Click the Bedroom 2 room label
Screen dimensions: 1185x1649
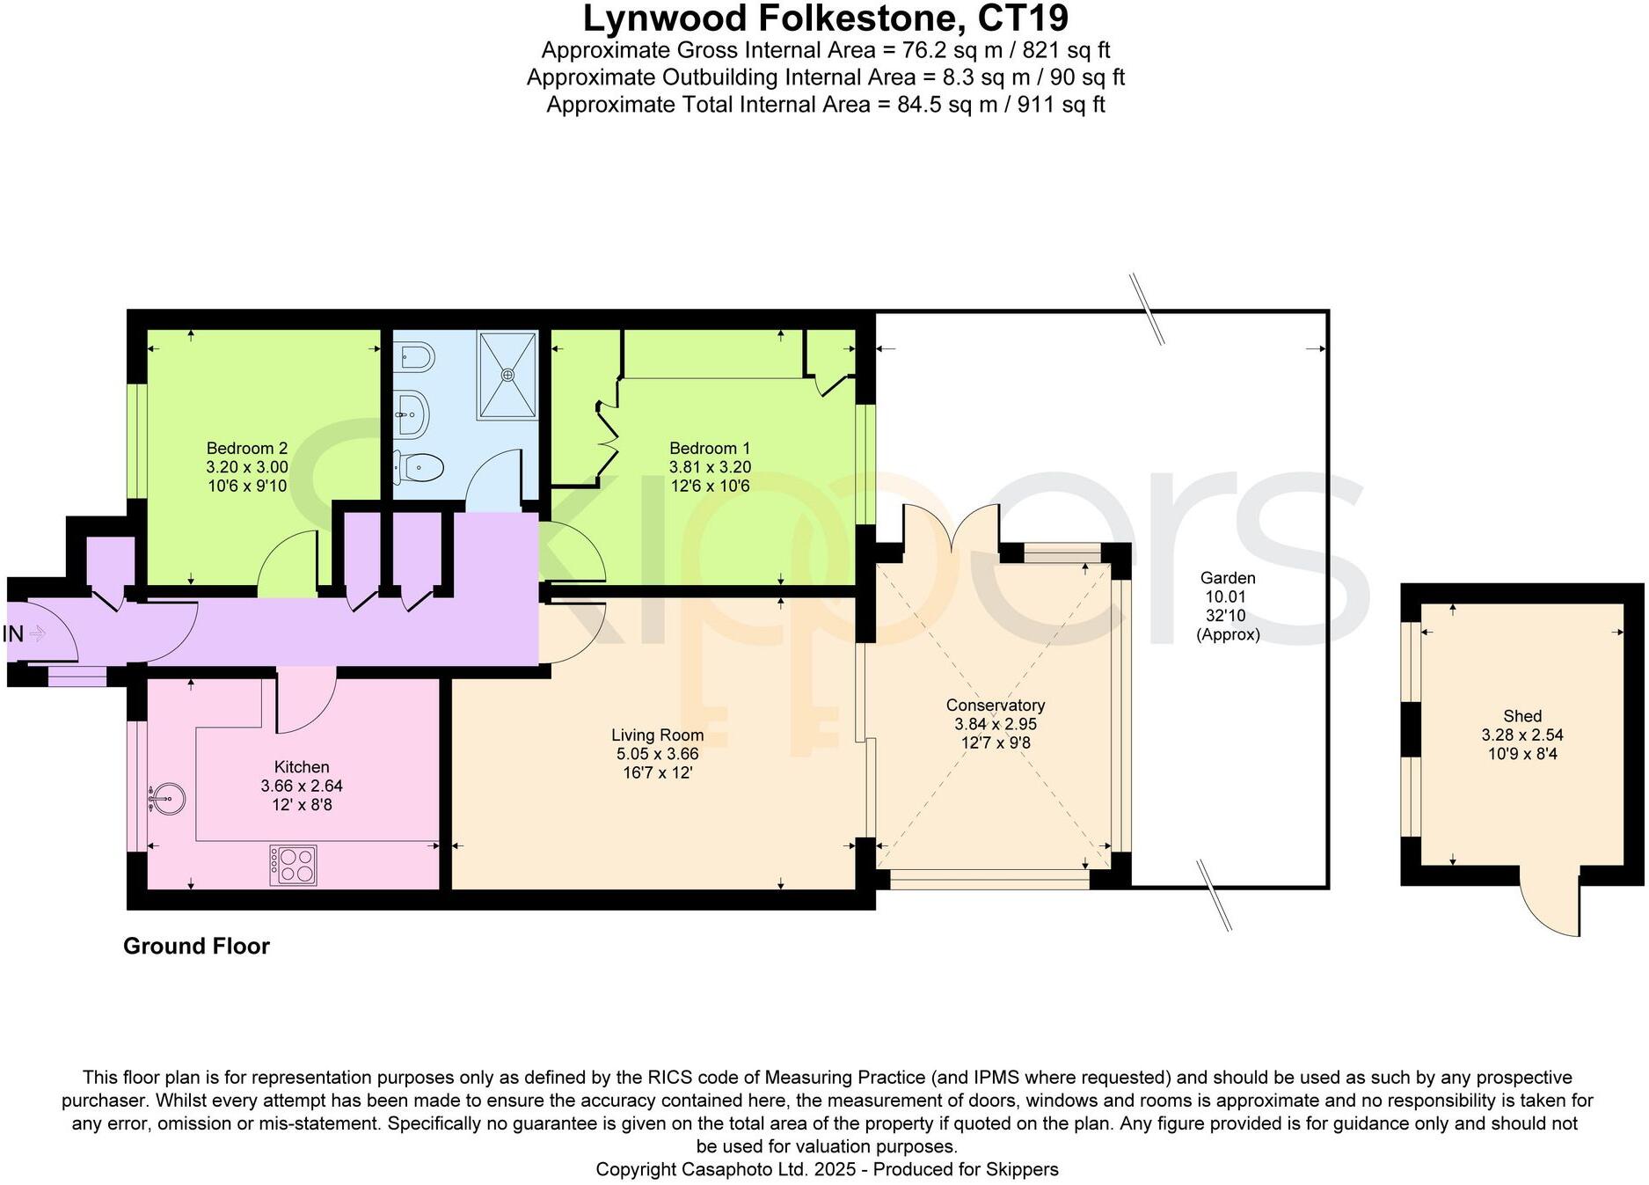tap(246, 448)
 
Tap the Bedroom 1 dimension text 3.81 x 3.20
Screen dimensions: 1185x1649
tap(710, 467)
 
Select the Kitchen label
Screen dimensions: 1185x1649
tap(301, 767)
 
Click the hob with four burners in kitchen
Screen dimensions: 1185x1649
tap(293, 865)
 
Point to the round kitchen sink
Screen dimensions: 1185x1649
tap(167, 799)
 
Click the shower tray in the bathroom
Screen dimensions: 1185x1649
tap(507, 375)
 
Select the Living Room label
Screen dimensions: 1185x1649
tap(657, 735)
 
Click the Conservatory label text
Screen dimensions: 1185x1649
tap(995, 706)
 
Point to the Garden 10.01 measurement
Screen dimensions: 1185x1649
tap(1225, 597)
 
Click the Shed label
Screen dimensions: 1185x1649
tap(1521, 716)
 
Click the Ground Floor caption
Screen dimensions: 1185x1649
tap(196, 946)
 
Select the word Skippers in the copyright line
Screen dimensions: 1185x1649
tap(1022, 1169)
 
